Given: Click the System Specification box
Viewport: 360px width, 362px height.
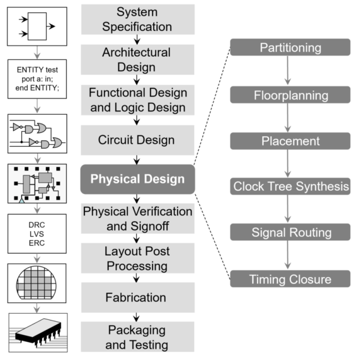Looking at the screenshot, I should click(x=138, y=19).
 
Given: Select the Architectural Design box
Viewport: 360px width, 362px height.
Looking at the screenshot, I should click(x=138, y=59).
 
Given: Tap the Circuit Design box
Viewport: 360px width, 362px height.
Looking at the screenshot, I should click(x=138, y=140).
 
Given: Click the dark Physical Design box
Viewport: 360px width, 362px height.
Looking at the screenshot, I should click(x=138, y=179).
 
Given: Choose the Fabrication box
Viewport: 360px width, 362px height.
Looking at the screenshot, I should click(x=138, y=297).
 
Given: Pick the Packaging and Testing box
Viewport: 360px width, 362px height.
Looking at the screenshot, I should click(x=138, y=337).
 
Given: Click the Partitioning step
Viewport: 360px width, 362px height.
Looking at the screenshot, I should click(x=290, y=47).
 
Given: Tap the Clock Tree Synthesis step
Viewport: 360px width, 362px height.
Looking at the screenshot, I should click(x=290, y=186).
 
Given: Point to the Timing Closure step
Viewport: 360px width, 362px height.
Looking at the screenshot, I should click(x=290, y=279).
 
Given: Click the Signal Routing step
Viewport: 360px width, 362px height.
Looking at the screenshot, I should click(x=290, y=232).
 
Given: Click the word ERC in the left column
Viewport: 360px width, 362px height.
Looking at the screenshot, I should click(x=37, y=243).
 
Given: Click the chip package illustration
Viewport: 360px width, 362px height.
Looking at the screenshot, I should click(x=37, y=332).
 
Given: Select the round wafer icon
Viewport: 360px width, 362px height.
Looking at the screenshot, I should click(x=37, y=283).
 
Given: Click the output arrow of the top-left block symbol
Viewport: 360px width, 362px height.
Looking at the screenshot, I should click(x=50, y=26).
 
